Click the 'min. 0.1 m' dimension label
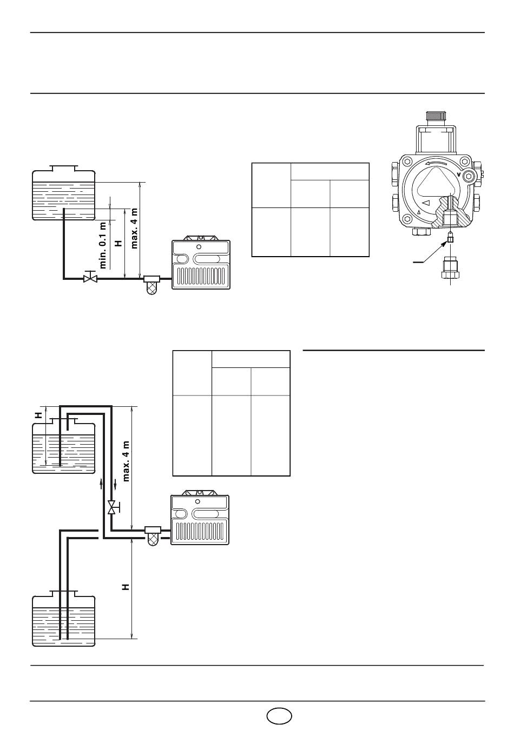tap(103, 245)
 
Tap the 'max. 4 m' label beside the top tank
tap(134, 228)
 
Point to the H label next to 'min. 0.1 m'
tap(118, 243)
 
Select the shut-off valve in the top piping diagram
tap(90, 277)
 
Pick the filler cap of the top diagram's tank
tap(63, 168)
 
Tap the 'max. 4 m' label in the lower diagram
tap(127, 461)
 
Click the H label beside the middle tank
tap(39, 415)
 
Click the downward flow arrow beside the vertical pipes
tap(115, 486)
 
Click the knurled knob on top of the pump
tap(436, 116)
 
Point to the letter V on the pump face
tap(459, 175)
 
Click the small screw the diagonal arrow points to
tap(451, 238)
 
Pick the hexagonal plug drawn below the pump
tap(450, 269)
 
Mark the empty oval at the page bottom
tap(279, 716)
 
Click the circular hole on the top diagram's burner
tap(199, 247)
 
